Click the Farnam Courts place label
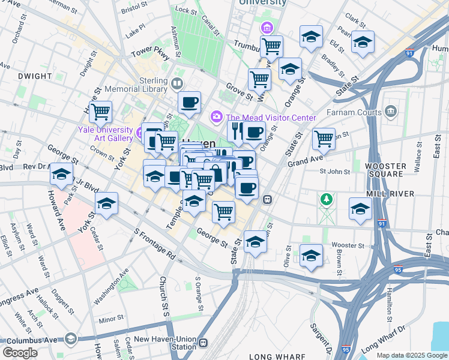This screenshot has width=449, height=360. coord(354,112)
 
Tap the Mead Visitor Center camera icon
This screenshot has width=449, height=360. coord(215,116)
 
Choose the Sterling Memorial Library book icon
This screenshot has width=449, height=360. coord(176,83)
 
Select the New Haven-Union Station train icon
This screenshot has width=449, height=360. coord(203,343)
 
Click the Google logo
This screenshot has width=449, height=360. coord(20,353)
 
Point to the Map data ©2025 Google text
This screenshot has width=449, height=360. coord(412,356)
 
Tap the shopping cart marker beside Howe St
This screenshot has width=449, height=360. coord(100,111)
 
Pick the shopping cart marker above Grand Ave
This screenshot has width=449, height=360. coord(324,139)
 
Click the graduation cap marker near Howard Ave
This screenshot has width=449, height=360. coord(61,174)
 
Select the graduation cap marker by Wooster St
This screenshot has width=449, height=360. coord(311,256)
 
